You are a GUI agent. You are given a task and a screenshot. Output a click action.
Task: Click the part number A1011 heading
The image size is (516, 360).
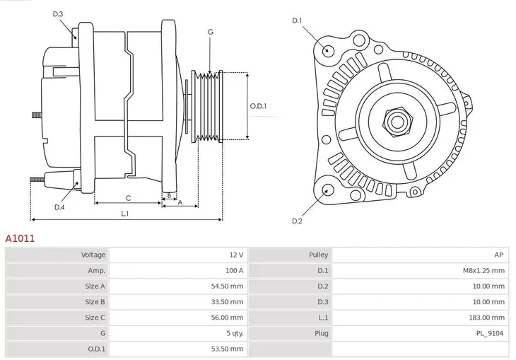(20, 239)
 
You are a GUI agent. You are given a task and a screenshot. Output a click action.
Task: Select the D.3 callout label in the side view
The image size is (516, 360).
(58, 14)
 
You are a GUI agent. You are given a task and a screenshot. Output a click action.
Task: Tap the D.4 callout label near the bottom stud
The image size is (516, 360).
(59, 207)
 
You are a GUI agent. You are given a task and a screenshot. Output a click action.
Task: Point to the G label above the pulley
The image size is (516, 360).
(210, 32)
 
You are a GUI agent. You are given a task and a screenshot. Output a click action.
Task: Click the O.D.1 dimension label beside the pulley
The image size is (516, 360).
(258, 106)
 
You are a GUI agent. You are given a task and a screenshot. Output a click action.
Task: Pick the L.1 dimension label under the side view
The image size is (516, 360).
(124, 213)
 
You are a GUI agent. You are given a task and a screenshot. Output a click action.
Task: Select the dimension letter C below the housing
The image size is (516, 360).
(128, 198)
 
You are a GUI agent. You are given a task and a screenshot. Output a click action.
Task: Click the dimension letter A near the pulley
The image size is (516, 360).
(180, 203)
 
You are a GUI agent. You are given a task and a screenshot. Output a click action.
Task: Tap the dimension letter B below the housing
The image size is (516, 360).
(168, 195)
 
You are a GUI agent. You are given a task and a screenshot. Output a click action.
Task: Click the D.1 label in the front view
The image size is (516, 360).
(297, 21)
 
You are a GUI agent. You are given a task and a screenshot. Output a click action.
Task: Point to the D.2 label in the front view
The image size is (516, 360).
(297, 221)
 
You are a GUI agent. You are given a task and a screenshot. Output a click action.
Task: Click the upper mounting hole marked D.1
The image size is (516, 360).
(327, 50)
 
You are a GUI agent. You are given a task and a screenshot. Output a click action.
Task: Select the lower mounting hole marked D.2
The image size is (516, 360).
(327, 190)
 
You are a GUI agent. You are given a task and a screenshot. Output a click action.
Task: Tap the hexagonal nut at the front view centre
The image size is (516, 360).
(396, 122)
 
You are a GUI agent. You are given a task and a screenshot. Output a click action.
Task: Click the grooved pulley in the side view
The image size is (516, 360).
(209, 106)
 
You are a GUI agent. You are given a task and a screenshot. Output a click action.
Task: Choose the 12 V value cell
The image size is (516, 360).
(236, 255)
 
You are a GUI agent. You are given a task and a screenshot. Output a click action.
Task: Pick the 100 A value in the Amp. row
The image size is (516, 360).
(235, 270)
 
